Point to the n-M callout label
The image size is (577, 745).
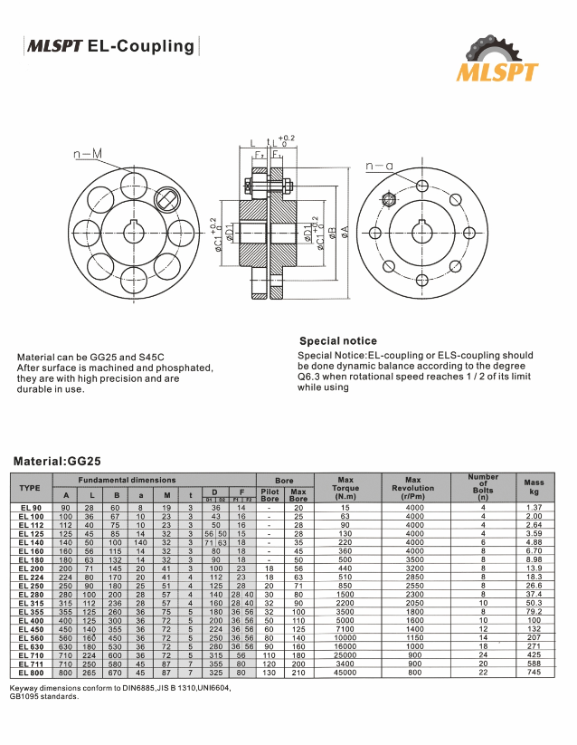[88, 155]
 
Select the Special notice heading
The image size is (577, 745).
[337, 341]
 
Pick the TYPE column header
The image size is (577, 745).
[30, 487]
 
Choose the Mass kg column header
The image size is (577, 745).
[534, 487]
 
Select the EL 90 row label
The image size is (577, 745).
[30, 508]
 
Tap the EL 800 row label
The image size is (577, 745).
[30, 673]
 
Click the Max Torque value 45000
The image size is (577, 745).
[345, 673]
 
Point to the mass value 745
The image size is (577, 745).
[534, 673]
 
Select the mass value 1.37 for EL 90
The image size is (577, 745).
[534, 508]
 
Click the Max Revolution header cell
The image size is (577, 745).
[413, 487]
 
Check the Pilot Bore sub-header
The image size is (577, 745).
[270, 495]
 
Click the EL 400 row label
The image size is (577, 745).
[30, 620]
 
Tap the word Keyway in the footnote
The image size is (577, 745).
[25, 688]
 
